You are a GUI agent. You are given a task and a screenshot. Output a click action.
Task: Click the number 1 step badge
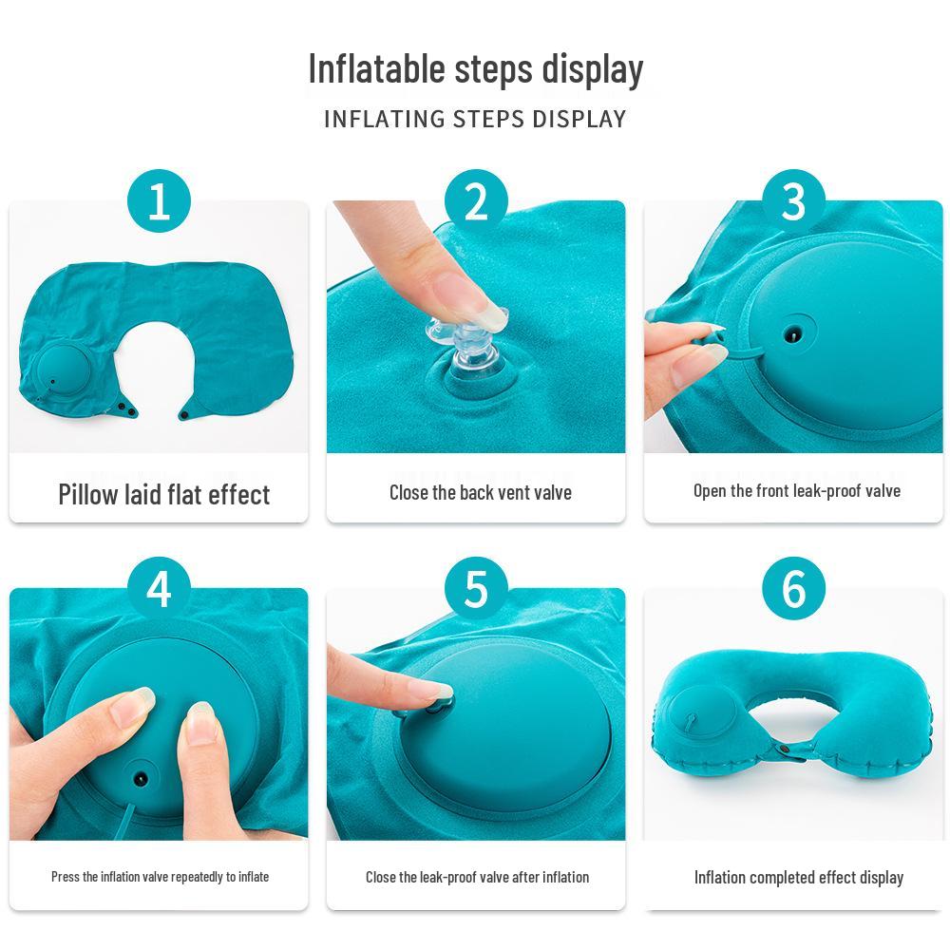pos(159,202)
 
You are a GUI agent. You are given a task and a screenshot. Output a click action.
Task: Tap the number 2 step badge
pos(476,202)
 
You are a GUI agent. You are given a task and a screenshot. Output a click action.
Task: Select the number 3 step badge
pos(793,202)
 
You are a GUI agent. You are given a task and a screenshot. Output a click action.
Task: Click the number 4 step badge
pos(159,589)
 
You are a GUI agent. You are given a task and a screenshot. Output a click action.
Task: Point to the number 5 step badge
pos(476,589)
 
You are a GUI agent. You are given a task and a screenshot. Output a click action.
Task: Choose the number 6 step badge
pos(793,589)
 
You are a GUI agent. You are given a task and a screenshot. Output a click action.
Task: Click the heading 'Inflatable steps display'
pos(475,69)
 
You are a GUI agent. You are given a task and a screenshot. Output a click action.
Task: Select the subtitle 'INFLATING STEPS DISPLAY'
pos(475,120)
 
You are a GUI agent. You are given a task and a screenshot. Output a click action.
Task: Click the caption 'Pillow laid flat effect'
pos(163,495)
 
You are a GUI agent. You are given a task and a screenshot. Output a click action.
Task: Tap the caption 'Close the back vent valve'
pos(480,492)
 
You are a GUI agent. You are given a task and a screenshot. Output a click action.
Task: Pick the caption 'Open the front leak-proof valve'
pos(796,491)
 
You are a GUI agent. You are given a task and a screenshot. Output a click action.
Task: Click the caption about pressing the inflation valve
pos(160,877)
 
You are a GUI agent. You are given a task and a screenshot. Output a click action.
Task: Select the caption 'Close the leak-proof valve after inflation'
pos(477,877)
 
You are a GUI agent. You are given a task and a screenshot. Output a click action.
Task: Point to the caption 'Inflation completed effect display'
pos(798,877)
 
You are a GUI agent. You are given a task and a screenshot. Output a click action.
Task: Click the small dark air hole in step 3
pos(791,335)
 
